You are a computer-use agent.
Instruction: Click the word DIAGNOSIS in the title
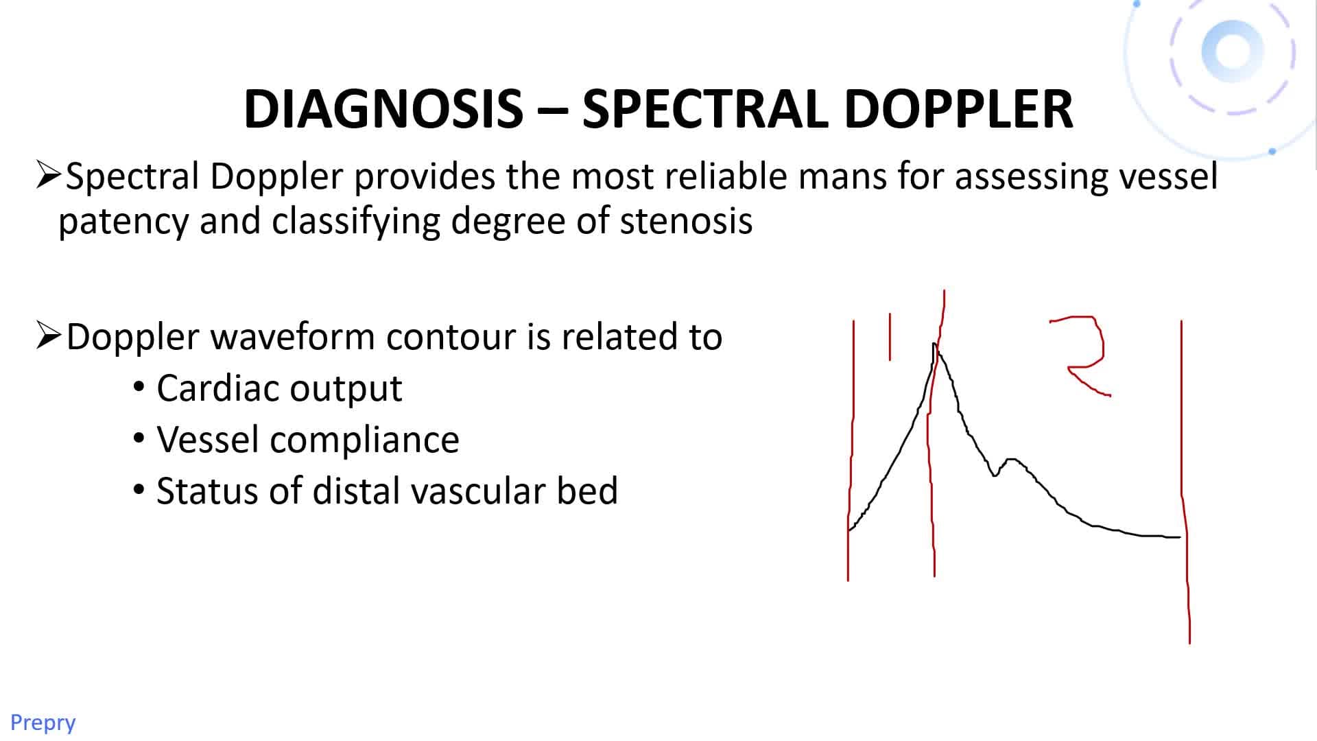[383, 108]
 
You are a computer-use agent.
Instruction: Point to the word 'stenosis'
[686, 221]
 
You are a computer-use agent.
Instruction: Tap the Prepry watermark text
[43, 722]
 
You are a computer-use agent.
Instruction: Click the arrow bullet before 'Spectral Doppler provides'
[49, 176]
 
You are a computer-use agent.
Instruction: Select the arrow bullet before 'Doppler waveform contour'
[49, 336]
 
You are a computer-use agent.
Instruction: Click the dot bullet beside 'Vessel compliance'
[139, 438]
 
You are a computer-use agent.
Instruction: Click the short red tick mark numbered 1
[890, 336]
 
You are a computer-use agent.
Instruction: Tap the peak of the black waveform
[934, 344]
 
